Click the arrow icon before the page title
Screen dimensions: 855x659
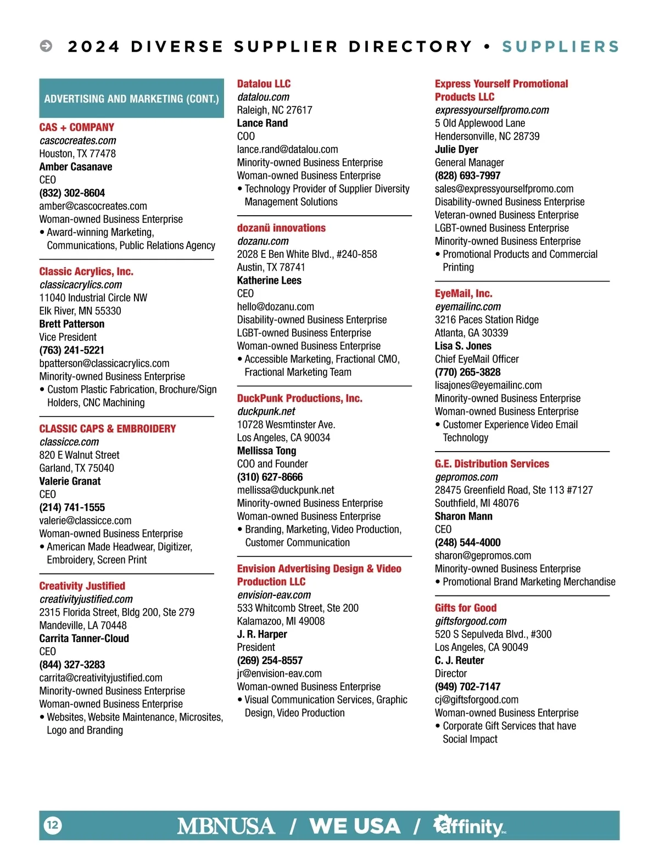[x=46, y=46]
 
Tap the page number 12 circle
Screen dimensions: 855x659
[x=53, y=825]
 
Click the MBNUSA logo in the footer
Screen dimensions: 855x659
[x=226, y=826]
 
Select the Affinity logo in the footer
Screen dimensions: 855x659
[x=470, y=825]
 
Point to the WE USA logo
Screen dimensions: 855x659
[x=355, y=826]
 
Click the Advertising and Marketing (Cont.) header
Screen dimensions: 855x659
[x=131, y=99]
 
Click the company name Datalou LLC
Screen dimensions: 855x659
[x=264, y=84]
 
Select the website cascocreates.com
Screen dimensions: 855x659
[x=78, y=140]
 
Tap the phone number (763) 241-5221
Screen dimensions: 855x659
[x=71, y=350]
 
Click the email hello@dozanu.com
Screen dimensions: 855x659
[x=275, y=307]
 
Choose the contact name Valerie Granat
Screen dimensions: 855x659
[x=70, y=481]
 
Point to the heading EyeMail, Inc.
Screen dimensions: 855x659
[x=463, y=294]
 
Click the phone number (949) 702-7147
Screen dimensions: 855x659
[x=467, y=687]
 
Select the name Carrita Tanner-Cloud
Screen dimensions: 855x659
[x=84, y=638]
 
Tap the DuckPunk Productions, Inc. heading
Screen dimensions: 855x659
[x=299, y=398]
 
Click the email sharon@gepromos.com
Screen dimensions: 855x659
[x=483, y=555]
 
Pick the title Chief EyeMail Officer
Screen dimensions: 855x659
[x=476, y=359]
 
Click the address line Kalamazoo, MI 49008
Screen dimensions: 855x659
[x=281, y=621]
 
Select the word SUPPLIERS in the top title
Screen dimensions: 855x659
[x=560, y=47]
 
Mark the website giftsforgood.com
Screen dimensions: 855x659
[x=471, y=621]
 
